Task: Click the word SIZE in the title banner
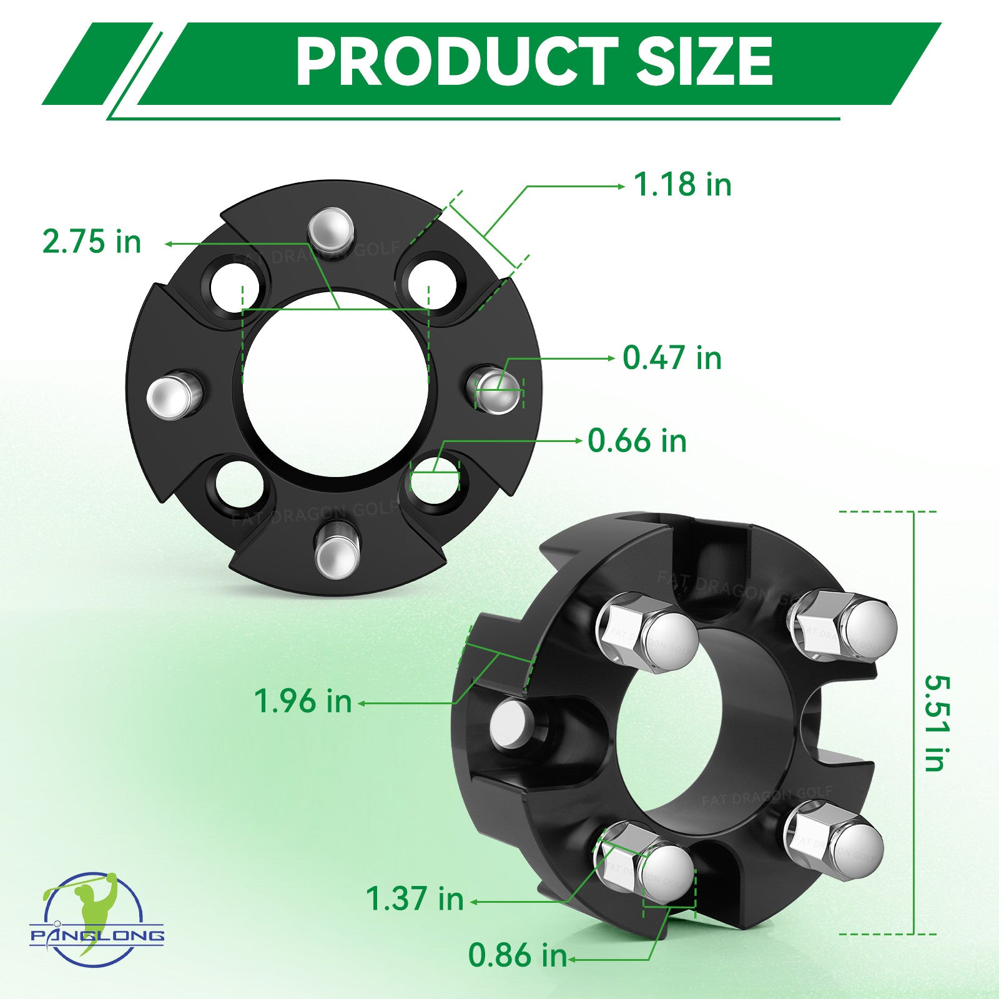click(x=704, y=61)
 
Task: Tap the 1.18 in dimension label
click(x=682, y=185)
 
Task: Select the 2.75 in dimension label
click(x=92, y=242)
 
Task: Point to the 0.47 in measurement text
click(x=672, y=358)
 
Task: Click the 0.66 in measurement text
click(x=637, y=441)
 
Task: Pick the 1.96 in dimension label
click(x=303, y=701)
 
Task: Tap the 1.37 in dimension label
click(x=415, y=899)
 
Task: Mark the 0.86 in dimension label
click(x=518, y=955)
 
